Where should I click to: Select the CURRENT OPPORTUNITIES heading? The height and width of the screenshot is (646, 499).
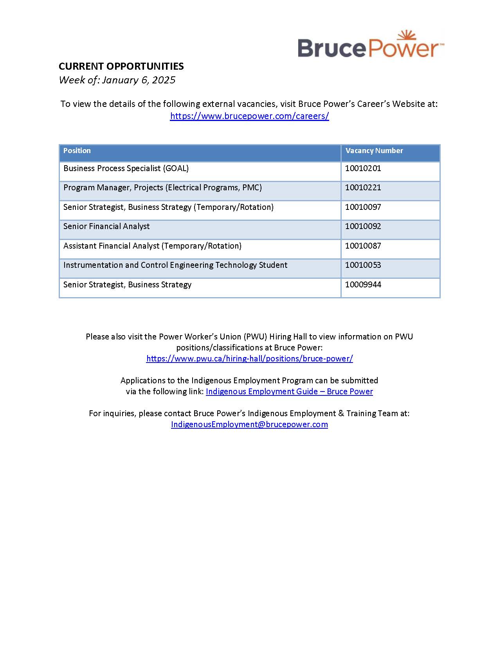coord(121,66)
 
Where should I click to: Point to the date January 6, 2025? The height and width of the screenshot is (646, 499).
coord(139,80)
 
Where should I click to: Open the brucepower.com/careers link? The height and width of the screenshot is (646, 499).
coord(249,116)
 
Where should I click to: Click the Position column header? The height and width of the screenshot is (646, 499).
coord(77,151)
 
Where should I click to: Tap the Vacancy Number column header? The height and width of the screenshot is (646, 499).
coord(374,151)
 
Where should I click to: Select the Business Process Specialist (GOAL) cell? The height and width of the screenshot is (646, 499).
coord(126,168)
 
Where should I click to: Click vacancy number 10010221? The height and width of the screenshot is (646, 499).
coord(363,188)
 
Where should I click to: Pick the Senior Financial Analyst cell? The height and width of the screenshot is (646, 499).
coord(106,226)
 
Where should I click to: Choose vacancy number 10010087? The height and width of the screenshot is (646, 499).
coord(363,246)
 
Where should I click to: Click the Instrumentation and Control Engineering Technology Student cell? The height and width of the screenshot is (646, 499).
coord(175,265)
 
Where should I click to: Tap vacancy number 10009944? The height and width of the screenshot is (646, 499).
coord(363,285)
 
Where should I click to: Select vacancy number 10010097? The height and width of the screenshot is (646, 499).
coord(363,207)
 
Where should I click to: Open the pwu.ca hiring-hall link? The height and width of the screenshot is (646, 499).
coord(249,359)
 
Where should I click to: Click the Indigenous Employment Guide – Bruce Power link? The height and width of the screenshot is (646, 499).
coord(289,392)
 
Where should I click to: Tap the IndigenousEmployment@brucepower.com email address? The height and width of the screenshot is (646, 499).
coord(249,424)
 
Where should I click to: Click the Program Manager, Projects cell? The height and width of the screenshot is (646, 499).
coord(162,188)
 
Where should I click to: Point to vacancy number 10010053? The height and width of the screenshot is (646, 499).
coord(363,265)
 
